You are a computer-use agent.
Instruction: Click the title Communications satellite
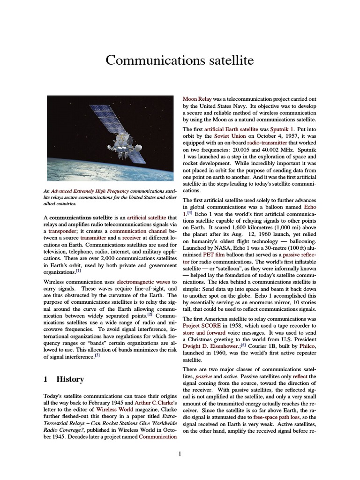point(180,60)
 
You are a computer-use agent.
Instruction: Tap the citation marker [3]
point(97,356)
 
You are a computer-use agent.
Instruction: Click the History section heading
point(70,379)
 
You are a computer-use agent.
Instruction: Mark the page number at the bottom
point(180,453)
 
